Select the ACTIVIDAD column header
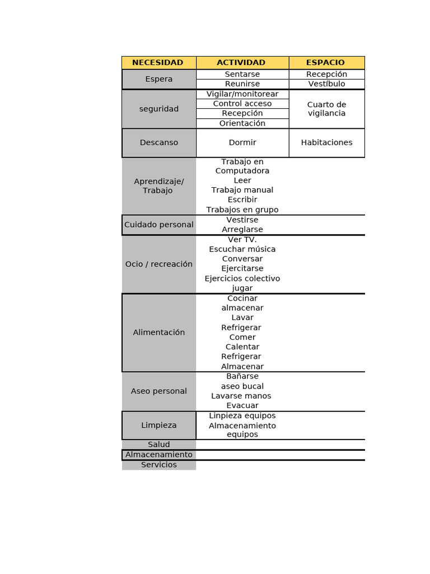pos(241,63)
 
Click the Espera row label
pos(159,79)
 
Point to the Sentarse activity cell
pos(242,74)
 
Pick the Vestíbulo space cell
pos(326,84)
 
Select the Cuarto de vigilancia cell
pos(326,109)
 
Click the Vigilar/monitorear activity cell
pos(242,94)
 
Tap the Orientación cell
pos(242,123)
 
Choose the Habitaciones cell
pos(326,142)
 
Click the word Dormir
pos(242,142)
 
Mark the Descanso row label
pos(159,142)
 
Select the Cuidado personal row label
pos(159,225)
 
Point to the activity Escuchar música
pos(242,249)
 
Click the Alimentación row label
pos(159,332)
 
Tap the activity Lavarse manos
pos(241,396)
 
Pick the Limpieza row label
pos(159,425)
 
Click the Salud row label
pos(159,445)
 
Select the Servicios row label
pos(159,465)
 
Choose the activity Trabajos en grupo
pos(242,210)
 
